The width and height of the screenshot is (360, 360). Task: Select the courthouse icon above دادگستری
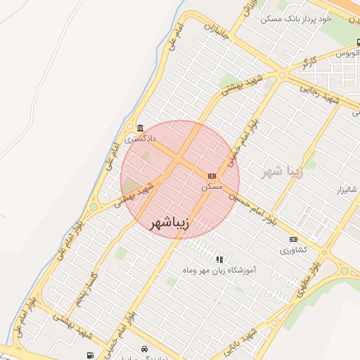click(x=140, y=128)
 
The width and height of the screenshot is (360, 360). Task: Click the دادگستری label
click(x=140, y=139)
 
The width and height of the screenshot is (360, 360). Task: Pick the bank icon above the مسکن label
click(x=212, y=175)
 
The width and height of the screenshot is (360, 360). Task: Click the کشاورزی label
click(x=294, y=250)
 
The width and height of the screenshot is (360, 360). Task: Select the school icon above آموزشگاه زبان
click(x=219, y=259)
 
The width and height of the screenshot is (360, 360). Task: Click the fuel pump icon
click(x=89, y=355)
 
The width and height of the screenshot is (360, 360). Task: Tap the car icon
click(x=144, y=349)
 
